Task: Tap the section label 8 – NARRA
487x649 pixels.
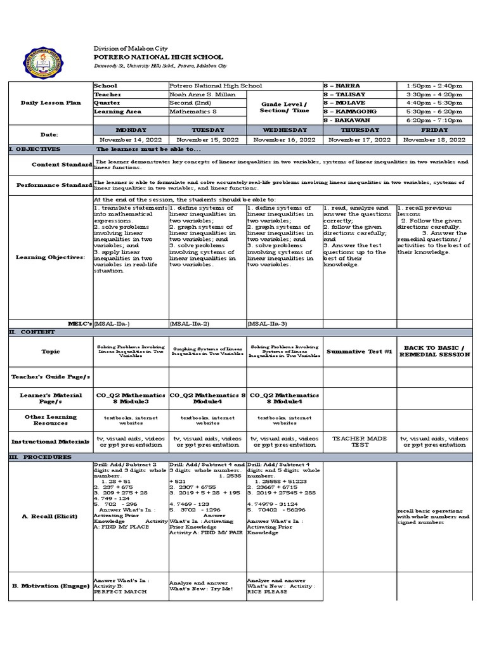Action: tap(342, 85)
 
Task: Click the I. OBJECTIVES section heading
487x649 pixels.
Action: tap(35, 149)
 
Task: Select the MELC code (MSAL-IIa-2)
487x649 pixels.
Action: tap(189, 323)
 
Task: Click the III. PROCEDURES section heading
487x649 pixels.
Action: tap(39, 457)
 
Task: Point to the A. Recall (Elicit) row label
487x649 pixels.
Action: tap(49, 517)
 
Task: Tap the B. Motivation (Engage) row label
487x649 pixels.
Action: tap(50, 586)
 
